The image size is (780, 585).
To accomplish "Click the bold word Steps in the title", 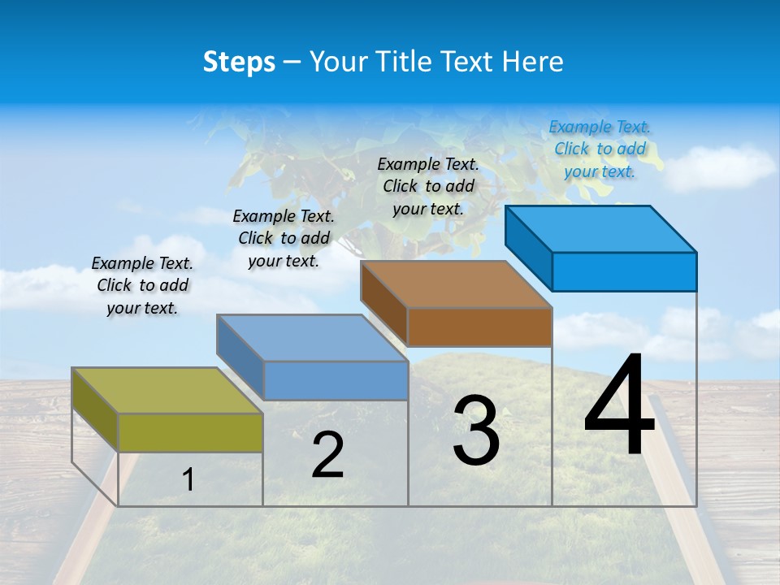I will [x=239, y=62].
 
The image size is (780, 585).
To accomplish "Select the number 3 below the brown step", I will [x=476, y=431].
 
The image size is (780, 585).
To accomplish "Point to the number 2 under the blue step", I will [x=327, y=456].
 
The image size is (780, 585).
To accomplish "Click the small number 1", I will [x=188, y=480].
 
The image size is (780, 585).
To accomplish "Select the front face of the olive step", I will [x=190, y=432].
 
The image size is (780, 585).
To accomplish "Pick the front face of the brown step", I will [x=479, y=327].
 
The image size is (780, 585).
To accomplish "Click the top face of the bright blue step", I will [x=601, y=228].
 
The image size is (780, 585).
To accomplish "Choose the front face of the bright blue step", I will [x=624, y=271].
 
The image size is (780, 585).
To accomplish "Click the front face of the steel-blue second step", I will [x=336, y=380].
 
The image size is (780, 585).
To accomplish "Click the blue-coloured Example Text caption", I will [x=600, y=149].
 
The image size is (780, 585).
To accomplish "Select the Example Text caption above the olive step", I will [x=142, y=285].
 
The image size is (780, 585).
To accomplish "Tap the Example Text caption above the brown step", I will [x=428, y=186].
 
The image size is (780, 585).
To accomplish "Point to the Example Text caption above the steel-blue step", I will [x=284, y=238].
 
